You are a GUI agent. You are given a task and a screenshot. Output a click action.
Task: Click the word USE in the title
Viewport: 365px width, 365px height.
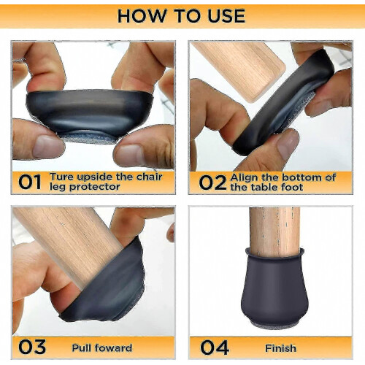point(226,16)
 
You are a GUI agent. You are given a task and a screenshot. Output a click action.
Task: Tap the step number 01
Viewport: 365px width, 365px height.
point(30,182)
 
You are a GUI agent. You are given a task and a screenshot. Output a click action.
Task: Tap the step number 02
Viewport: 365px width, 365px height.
point(212,182)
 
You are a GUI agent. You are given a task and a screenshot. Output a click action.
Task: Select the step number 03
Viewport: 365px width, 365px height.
point(32,347)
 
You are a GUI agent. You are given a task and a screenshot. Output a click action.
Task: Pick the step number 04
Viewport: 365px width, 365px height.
point(215,347)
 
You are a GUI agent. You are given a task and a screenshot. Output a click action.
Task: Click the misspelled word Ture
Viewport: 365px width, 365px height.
point(62,177)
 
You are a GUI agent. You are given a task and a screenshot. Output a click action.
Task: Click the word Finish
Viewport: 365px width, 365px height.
point(280,348)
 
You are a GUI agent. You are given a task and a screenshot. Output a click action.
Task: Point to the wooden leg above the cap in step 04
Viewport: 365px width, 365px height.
point(274,231)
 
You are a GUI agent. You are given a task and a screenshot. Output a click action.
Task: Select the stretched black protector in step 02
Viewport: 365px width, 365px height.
point(283,102)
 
